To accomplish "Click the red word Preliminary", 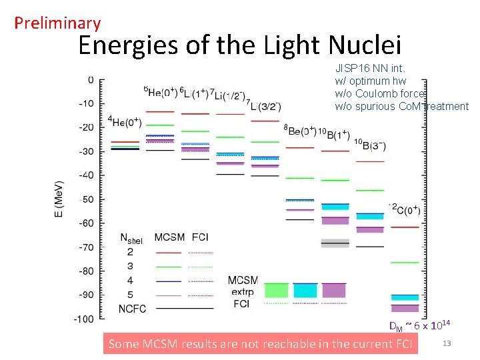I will pyautogui.click(x=57, y=23).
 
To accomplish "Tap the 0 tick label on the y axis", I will pyautogui.click(x=91, y=80).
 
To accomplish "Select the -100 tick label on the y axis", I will pyautogui.click(x=85, y=319).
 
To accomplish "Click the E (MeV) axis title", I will pyautogui.click(x=60, y=199).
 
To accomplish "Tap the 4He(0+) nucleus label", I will pyautogui.click(x=125, y=121).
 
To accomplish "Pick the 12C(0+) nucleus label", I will pyautogui.click(x=405, y=209).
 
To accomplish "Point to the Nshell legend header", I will pyautogui.click(x=131, y=238).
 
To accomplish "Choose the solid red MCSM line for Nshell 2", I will pyautogui.click(x=167, y=253).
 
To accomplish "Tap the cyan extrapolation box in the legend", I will pyautogui.click(x=305, y=290).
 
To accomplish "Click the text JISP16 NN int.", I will pyautogui.click(x=370, y=68).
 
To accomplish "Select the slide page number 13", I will pyautogui.click(x=447, y=343).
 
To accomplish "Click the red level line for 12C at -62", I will pyautogui.click(x=405, y=227).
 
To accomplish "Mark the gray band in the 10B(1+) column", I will pyautogui.click(x=335, y=243).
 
